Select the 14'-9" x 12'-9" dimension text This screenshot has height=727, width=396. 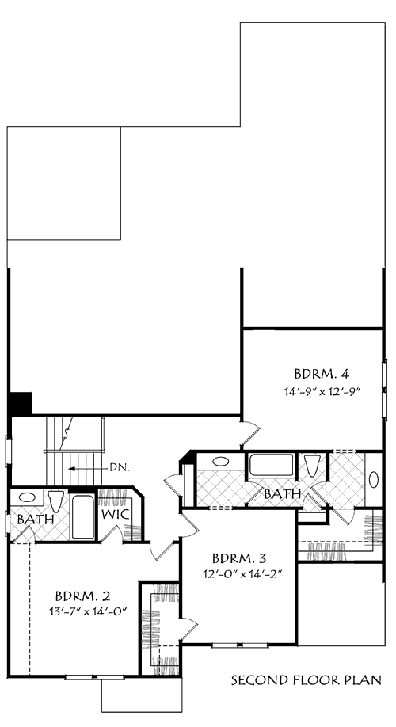pyautogui.click(x=322, y=391)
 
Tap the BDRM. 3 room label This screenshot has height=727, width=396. pyautogui.click(x=239, y=557)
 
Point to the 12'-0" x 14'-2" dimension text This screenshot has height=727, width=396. pyautogui.click(x=243, y=573)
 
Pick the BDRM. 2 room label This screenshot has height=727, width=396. pyautogui.click(x=82, y=595)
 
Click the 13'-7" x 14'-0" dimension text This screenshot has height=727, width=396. pyautogui.click(x=88, y=611)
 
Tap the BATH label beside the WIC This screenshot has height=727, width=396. pyautogui.click(x=35, y=520)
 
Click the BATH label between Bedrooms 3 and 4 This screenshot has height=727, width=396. pyautogui.click(x=283, y=494)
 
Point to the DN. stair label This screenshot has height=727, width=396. pyautogui.click(x=120, y=468)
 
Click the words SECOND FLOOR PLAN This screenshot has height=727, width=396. pyautogui.click(x=307, y=680)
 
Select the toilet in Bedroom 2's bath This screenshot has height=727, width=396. pyautogui.click(x=55, y=501)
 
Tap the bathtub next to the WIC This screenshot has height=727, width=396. pyautogui.click(x=83, y=517)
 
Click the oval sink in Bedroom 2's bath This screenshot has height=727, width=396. pyautogui.click(x=27, y=497)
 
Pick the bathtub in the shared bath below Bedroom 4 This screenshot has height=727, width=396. pyautogui.click(x=272, y=465)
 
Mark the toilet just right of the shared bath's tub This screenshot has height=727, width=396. pyautogui.click(x=312, y=466)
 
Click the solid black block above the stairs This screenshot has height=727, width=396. pyautogui.click(x=21, y=403)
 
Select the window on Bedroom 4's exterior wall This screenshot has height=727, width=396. pyautogui.click(x=384, y=389)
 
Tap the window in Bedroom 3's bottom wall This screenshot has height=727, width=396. pyautogui.click(x=239, y=645)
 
